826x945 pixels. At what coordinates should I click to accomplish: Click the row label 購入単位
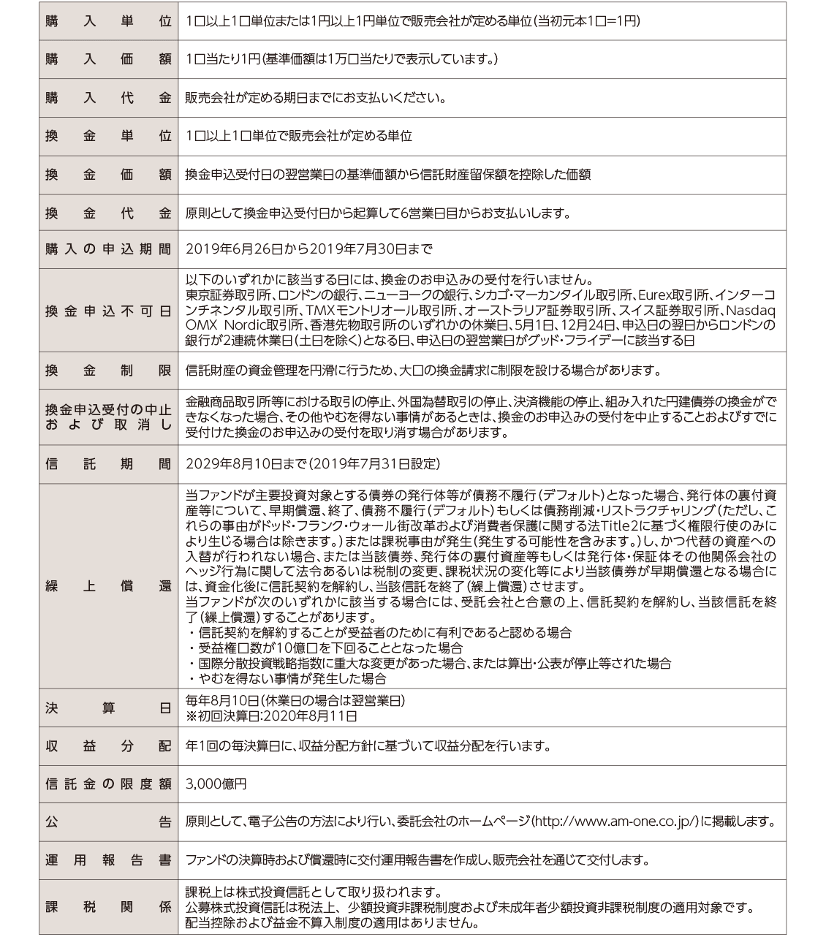click(108, 21)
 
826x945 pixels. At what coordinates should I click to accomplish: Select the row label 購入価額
click(108, 60)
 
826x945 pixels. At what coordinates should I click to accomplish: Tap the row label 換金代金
click(108, 213)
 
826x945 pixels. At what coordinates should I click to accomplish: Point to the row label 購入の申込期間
click(108, 249)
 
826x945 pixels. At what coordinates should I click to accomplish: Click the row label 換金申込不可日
click(108, 311)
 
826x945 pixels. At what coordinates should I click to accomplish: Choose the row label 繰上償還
click(108, 586)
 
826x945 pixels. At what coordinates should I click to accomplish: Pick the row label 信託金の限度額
click(108, 784)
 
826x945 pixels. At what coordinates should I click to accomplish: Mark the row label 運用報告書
click(108, 860)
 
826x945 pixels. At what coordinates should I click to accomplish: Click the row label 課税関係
click(108, 907)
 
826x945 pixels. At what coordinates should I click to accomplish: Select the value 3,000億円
click(216, 784)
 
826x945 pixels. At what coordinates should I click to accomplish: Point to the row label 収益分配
click(108, 746)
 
